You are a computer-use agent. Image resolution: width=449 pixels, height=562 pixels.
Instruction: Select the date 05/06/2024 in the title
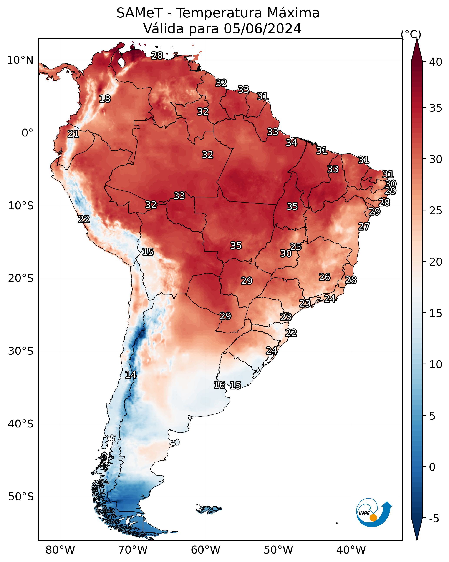(x=262, y=29)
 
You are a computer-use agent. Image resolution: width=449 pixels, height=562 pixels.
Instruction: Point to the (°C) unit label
(x=411, y=34)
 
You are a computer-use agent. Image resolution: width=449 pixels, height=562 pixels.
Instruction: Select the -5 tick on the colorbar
(x=434, y=519)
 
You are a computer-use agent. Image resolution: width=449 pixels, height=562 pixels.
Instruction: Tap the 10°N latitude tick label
(x=20, y=60)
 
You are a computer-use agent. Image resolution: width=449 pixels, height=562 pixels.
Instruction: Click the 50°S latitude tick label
(x=21, y=497)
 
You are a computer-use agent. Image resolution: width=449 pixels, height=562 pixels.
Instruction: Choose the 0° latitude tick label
(x=27, y=133)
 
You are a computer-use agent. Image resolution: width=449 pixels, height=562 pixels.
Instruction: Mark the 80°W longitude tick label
(x=60, y=550)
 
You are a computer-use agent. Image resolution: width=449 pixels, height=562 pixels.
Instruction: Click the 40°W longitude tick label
(x=351, y=550)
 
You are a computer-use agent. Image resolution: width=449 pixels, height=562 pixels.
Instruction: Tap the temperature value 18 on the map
(x=105, y=99)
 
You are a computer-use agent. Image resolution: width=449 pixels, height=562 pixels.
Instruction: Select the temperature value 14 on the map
(x=131, y=375)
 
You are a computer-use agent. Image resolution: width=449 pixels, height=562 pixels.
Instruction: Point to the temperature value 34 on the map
(x=291, y=143)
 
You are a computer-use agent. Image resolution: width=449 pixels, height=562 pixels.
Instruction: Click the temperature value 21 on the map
(x=73, y=134)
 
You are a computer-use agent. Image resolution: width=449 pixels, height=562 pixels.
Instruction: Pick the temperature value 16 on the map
(x=219, y=385)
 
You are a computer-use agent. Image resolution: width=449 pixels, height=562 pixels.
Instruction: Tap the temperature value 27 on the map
(x=364, y=226)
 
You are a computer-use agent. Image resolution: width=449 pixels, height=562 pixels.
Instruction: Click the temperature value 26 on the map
(x=325, y=277)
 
